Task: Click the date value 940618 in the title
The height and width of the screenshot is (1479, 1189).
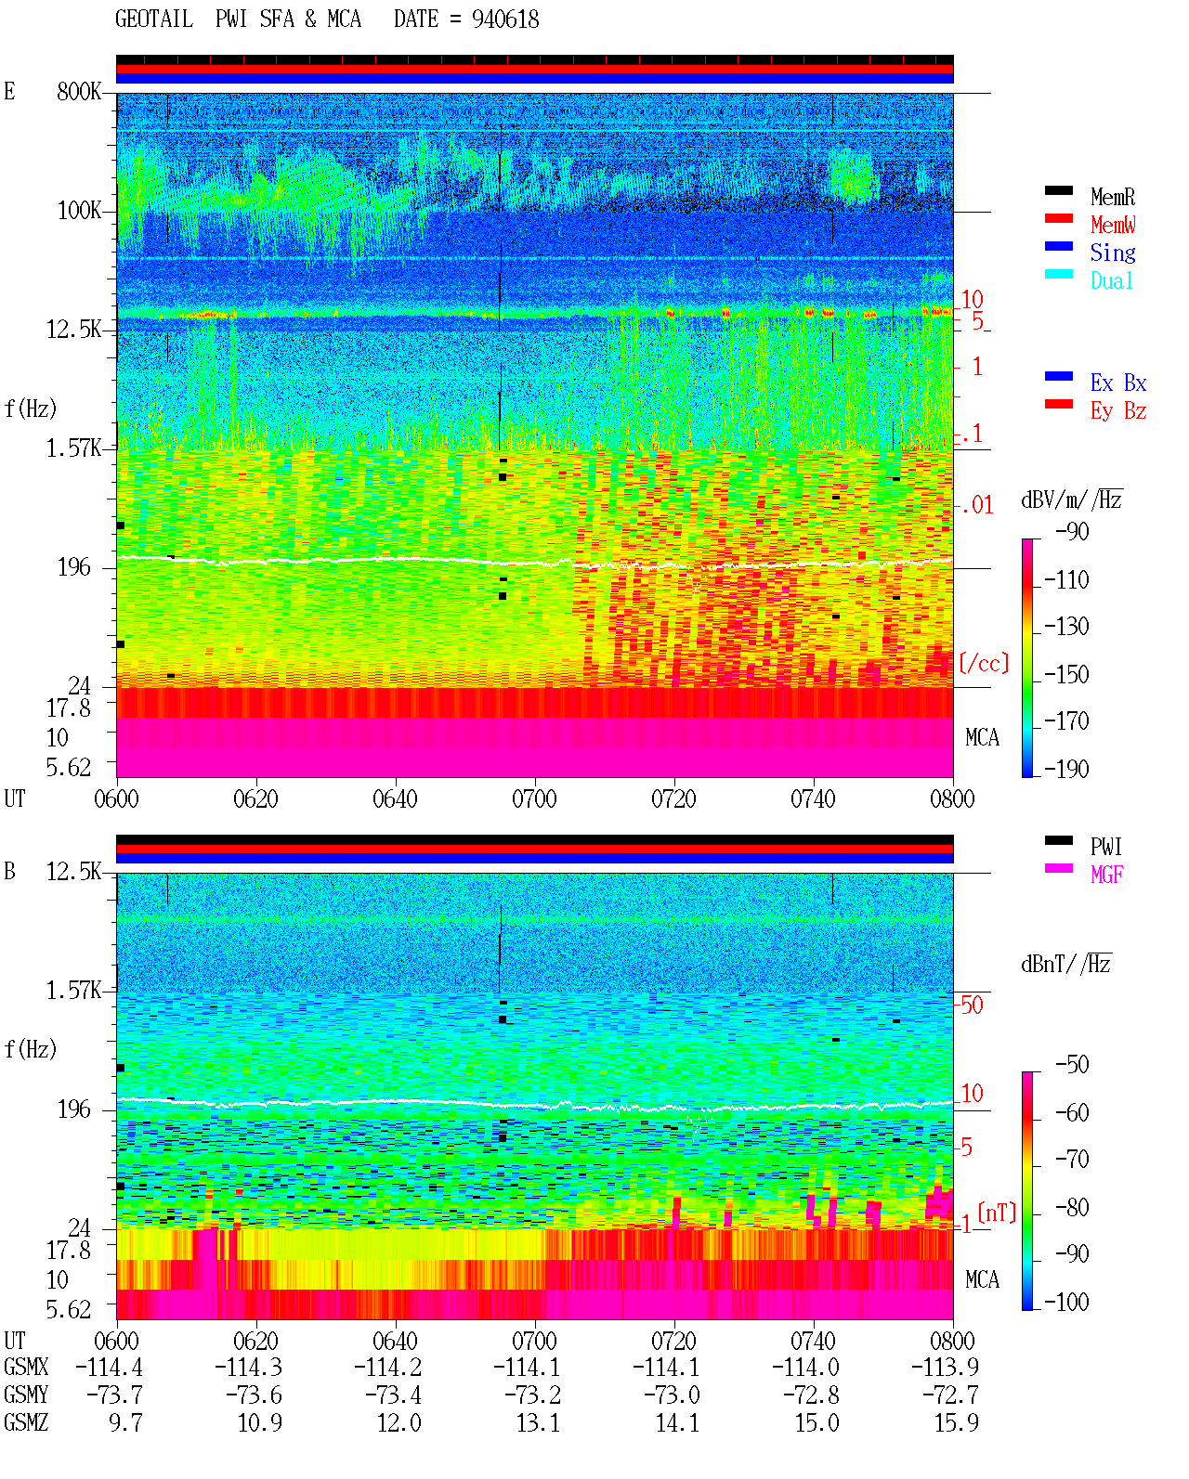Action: click(505, 19)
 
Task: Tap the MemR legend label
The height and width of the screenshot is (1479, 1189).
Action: click(1113, 197)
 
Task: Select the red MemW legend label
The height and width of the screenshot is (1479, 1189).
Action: click(1113, 225)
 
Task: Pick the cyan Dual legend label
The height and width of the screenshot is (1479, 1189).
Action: click(1112, 280)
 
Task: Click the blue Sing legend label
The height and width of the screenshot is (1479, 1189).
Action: click(1113, 253)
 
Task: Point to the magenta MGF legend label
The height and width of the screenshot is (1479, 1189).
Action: click(1106, 875)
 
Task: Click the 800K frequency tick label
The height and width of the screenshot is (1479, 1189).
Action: click(79, 91)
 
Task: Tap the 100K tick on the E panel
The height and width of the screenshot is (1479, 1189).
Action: click(79, 211)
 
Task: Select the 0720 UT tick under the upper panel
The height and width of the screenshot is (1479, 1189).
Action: click(674, 798)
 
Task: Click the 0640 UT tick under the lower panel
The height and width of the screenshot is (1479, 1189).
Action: click(396, 1341)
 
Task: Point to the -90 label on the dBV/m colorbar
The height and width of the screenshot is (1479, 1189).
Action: click(1072, 531)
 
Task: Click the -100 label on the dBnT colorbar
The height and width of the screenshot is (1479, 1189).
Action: click(1066, 1302)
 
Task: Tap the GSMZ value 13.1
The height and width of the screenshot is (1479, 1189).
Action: click(539, 1422)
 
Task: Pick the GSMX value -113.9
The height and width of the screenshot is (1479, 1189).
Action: click(945, 1368)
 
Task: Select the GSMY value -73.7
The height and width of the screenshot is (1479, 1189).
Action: click(115, 1395)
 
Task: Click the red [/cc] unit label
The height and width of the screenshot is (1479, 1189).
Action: click(984, 663)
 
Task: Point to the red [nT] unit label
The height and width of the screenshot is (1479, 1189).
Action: click(997, 1213)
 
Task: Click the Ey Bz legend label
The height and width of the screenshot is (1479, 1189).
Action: click(1118, 410)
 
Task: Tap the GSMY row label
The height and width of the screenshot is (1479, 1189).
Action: click(26, 1395)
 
